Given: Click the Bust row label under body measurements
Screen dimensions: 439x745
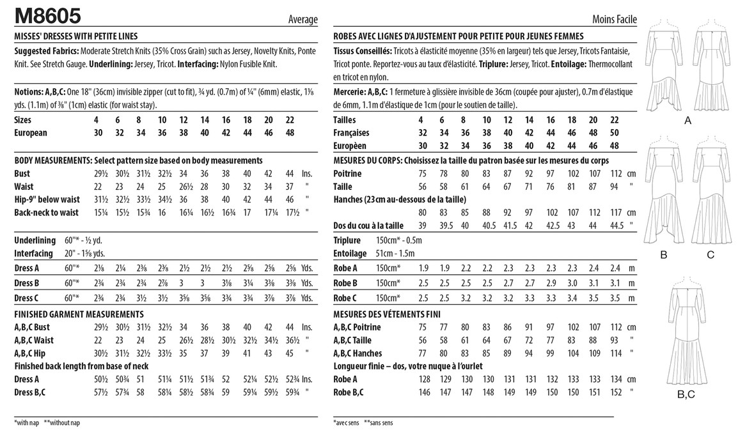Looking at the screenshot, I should point(22,174).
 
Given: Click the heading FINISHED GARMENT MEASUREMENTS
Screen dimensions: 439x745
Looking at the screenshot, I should point(78,314).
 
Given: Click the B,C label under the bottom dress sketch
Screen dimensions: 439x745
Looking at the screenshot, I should point(686,394).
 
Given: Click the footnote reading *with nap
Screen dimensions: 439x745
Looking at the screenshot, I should point(29,423).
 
